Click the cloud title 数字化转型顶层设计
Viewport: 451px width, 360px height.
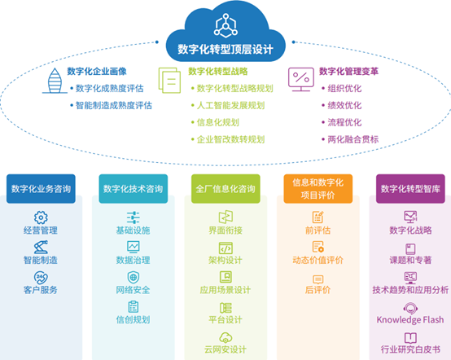pos(225,49)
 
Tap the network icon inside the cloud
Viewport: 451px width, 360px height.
pos(225,25)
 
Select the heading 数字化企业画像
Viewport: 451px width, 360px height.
pos(97,71)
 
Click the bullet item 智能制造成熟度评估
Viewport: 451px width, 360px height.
pos(114,105)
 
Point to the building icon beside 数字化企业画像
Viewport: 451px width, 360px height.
pos(55,81)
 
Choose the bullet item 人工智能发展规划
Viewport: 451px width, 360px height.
pos(230,105)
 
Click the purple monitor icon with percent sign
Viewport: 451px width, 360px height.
pos(301,80)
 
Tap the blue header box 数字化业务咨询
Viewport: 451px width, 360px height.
pos(41,189)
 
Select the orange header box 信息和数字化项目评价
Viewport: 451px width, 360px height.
pos(317,189)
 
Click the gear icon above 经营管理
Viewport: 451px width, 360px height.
pos(41,217)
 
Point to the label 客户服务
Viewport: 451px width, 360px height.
pos(41,290)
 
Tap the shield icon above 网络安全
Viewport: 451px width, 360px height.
pos(134,278)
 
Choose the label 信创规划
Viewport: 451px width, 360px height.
pos(134,320)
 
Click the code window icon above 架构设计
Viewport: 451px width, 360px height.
pos(225,248)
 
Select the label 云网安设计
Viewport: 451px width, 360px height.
pos(225,349)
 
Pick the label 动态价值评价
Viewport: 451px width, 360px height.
pos(317,260)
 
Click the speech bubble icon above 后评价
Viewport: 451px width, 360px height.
pos(317,279)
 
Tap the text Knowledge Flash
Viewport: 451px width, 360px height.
pos(410,320)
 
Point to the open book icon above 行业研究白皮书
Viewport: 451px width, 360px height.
pos(410,338)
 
